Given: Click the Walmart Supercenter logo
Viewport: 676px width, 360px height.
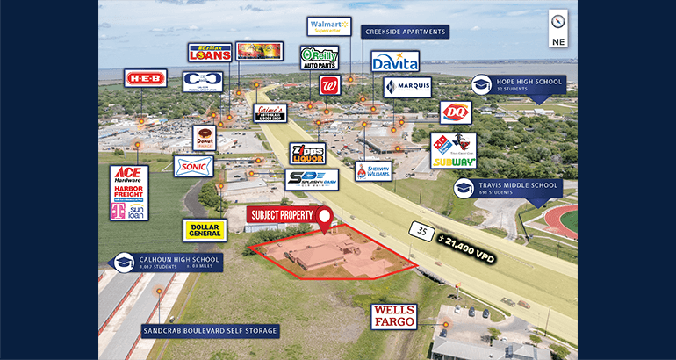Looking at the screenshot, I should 328,26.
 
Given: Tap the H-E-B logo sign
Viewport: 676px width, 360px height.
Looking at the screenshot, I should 145,78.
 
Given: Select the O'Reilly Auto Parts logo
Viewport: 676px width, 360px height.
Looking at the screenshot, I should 319,57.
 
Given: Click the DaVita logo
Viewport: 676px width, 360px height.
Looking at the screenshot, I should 394,61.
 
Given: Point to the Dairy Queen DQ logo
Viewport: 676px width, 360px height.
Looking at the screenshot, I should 456,112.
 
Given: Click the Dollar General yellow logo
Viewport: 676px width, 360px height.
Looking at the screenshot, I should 205,230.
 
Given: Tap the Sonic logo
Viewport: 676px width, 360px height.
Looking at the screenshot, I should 193,166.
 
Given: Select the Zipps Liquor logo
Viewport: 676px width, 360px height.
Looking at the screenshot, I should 307,154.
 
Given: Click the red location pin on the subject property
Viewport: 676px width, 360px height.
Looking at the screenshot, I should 326,218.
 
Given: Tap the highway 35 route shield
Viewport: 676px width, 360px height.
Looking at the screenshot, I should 421,231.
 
